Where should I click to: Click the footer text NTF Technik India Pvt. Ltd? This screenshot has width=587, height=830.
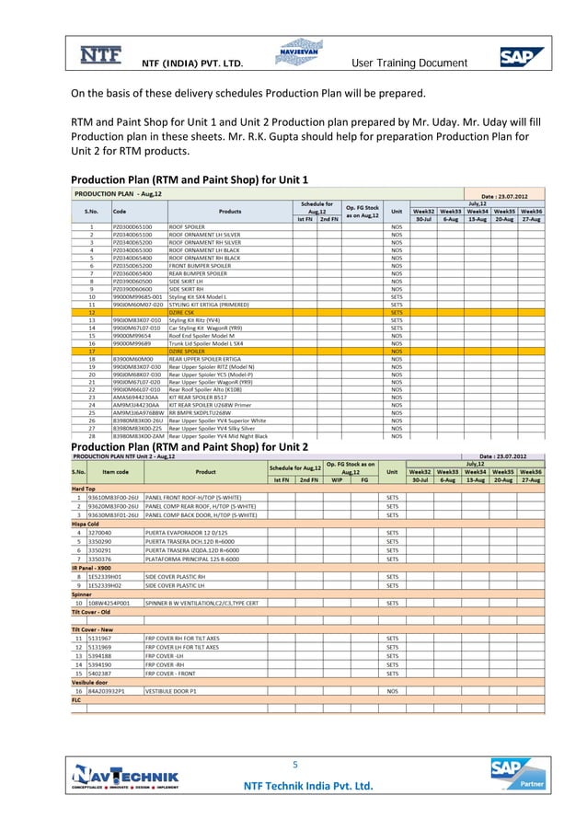pyautogui.click(x=307, y=786)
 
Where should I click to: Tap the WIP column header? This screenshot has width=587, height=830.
pyautogui.click(x=337, y=479)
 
